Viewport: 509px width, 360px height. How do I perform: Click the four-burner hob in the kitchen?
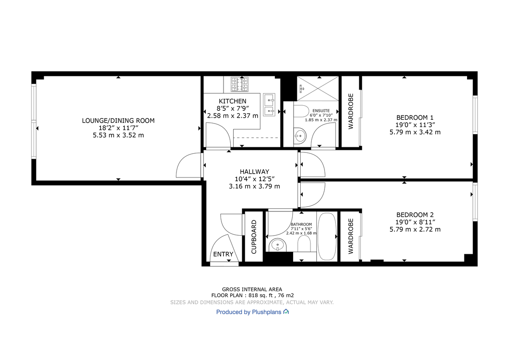[239, 84]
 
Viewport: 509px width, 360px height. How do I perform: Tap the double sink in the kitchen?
[269, 105]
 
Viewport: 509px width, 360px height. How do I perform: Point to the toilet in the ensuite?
[302, 111]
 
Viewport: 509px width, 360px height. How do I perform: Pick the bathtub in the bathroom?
[327, 236]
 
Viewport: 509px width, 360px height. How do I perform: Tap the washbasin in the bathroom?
[278, 245]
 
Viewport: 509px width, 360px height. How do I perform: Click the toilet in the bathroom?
[304, 244]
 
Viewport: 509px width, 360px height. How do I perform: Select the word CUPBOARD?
[254, 236]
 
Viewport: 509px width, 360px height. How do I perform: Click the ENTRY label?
[223, 254]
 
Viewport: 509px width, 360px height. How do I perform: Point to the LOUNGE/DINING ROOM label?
[118, 121]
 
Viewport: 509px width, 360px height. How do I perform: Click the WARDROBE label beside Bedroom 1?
[351, 111]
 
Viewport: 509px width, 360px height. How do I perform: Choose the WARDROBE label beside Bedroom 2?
[351, 236]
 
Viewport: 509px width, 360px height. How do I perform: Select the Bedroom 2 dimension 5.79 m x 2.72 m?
[415, 229]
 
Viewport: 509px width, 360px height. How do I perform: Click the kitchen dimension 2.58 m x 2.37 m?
[232, 115]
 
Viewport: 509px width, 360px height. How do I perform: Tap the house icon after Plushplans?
[286, 312]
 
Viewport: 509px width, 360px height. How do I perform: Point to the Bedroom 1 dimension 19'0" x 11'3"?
[415, 125]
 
